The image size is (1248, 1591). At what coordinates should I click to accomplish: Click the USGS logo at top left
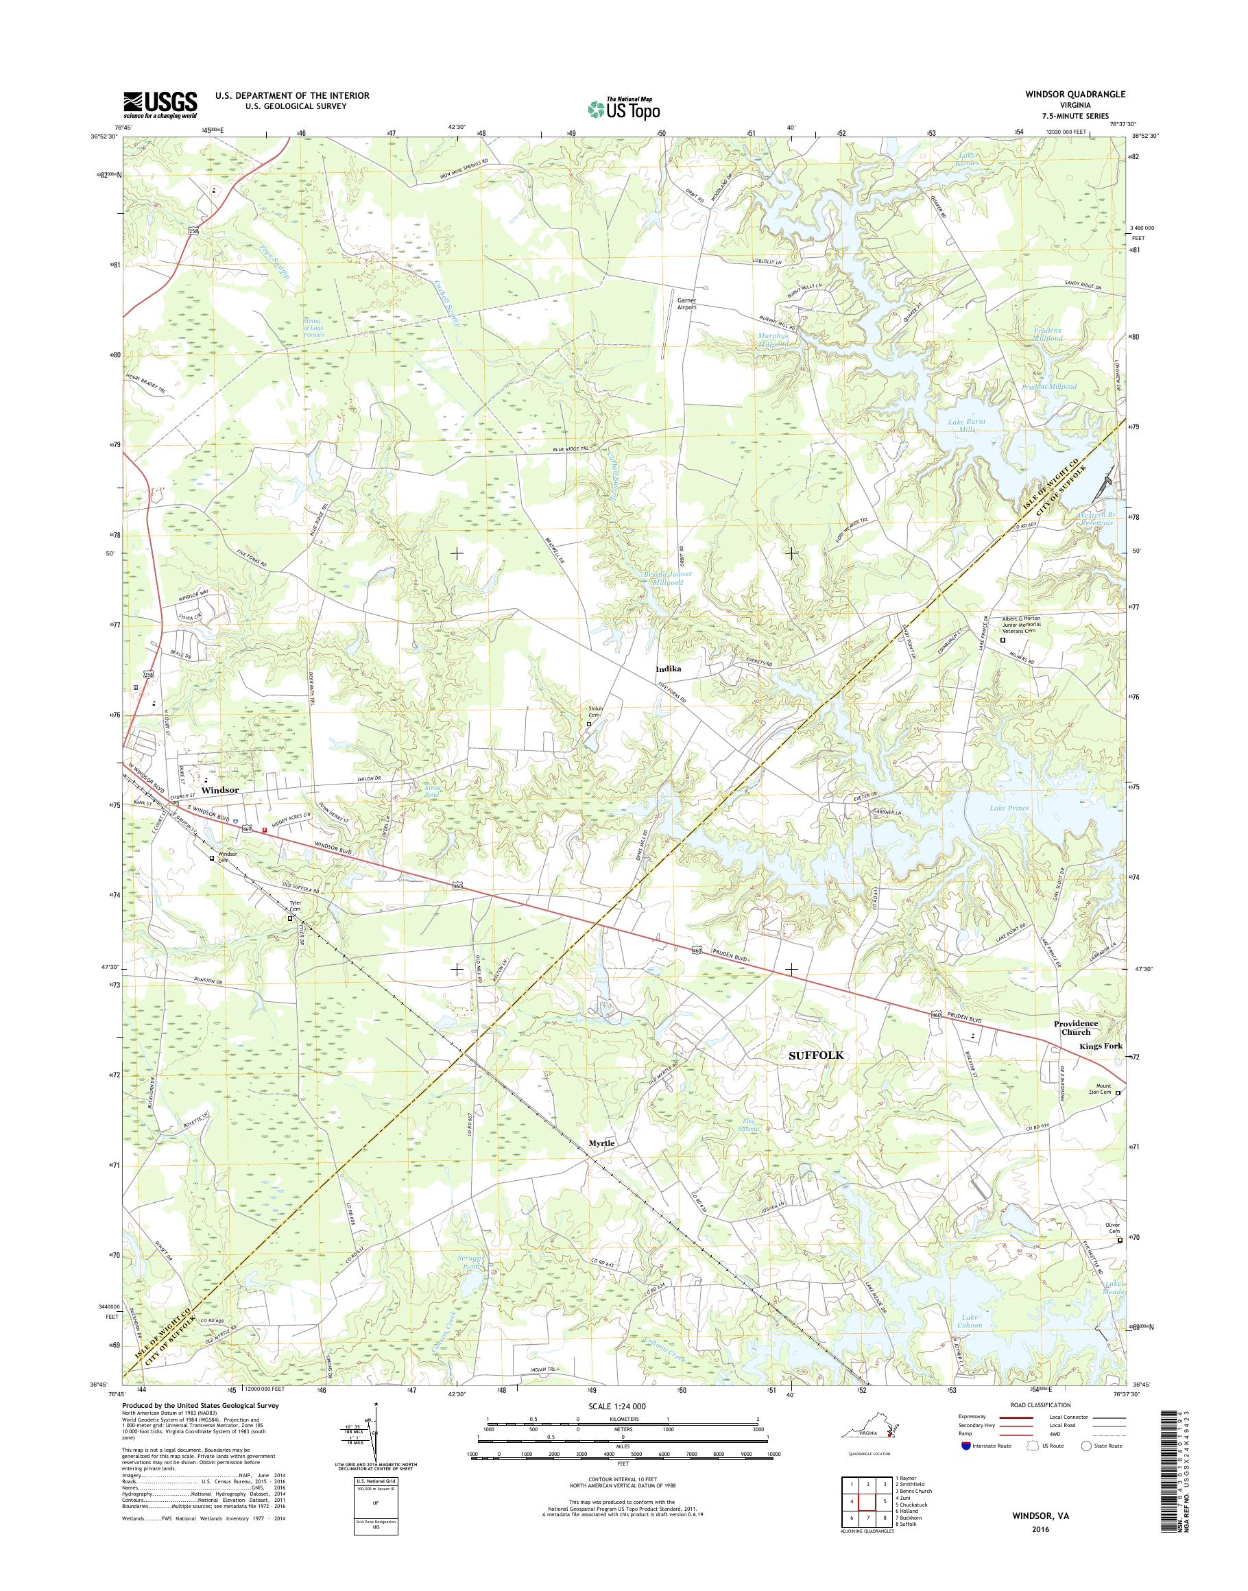tap(160, 104)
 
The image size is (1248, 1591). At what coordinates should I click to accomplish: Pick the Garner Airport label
tap(686, 303)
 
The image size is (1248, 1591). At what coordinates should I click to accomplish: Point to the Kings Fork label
tap(1101, 1046)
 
